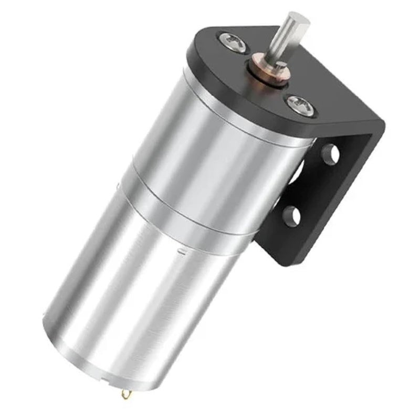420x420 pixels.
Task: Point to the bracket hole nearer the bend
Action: pyautogui.click(x=329, y=153)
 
